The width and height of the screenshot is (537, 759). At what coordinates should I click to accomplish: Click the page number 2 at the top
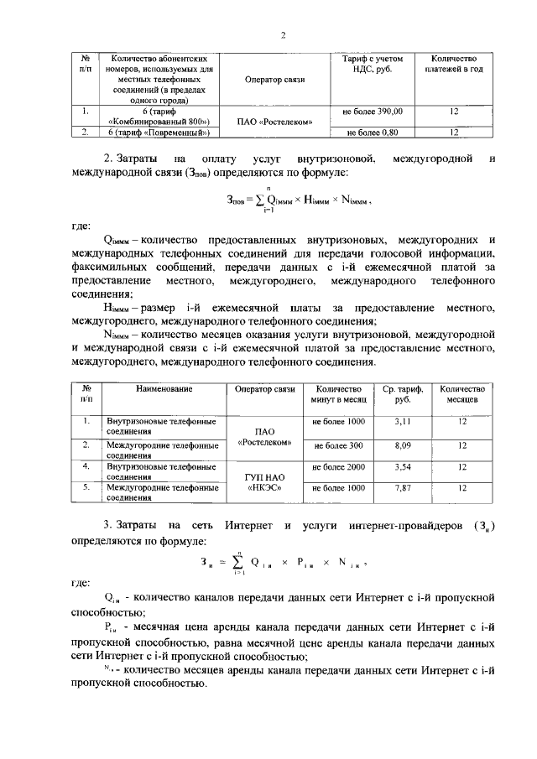[x=284, y=34]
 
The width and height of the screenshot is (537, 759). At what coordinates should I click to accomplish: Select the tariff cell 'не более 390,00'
[x=373, y=111]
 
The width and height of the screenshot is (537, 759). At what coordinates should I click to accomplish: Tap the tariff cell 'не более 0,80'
[x=373, y=132]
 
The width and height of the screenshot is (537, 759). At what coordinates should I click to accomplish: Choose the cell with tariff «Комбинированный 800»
[x=158, y=116]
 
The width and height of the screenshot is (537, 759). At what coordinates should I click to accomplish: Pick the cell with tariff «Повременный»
[x=158, y=132]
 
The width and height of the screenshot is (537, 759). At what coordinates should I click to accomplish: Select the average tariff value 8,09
[x=403, y=444]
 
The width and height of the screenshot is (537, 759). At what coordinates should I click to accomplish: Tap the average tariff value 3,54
[x=403, y=466]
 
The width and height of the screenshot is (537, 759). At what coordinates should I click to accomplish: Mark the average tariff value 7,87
[x=403, y=487]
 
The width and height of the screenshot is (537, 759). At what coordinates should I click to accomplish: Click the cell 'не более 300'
[x=338, y=444]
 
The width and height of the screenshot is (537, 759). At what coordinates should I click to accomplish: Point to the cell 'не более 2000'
[x=338, y=466]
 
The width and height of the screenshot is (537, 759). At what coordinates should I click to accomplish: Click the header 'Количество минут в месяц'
[x=338, y=395]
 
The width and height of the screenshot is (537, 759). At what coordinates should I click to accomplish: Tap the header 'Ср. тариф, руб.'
[x=403, y=395]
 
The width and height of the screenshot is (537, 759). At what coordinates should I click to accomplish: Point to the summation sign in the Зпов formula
[x=268, y=200]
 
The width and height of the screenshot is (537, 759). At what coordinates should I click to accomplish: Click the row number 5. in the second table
[x=86, y=486]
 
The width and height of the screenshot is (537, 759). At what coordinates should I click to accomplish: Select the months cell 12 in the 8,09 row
[x=461, y=444]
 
